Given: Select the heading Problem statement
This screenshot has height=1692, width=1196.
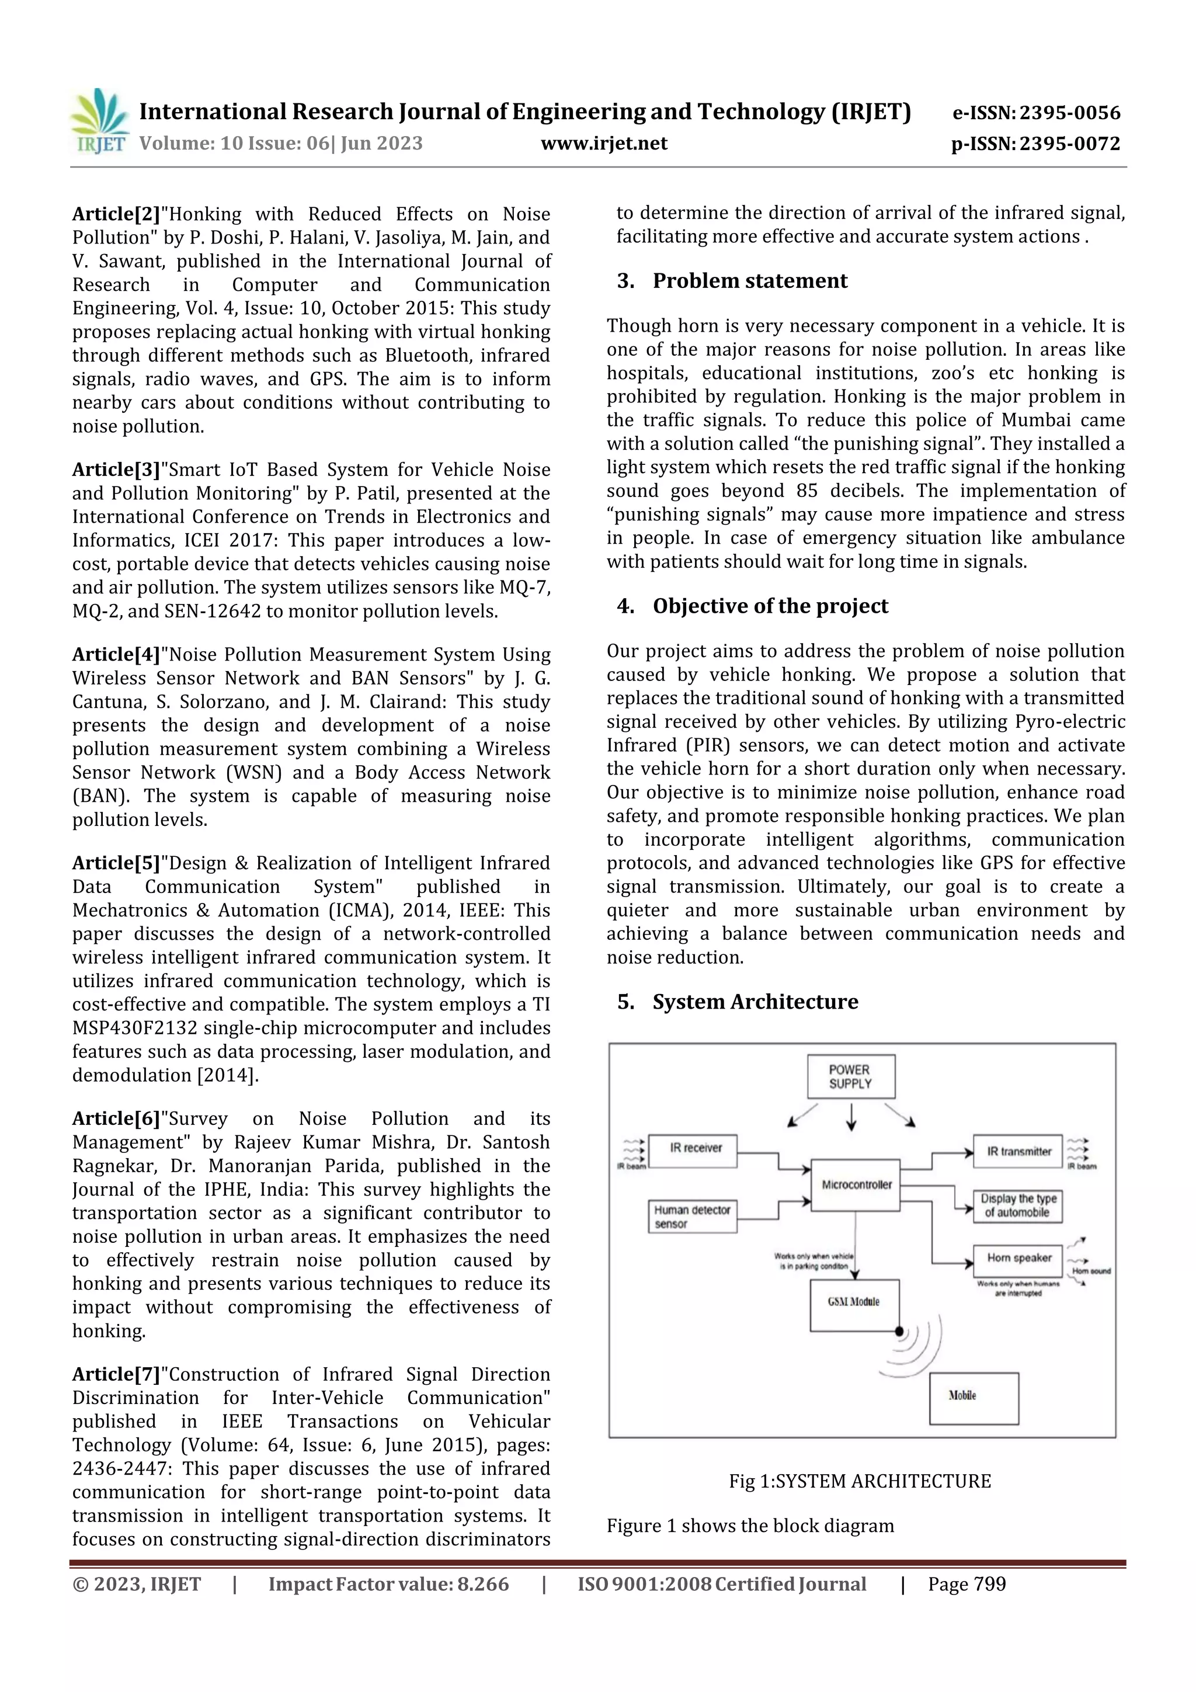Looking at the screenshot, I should tap(749, 281).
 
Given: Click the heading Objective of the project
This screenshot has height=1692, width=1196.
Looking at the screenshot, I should tap(770, 606).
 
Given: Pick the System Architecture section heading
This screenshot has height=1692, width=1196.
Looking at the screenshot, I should tap(755, 1002).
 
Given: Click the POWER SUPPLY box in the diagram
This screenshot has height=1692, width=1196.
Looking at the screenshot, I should tap(850, 1076).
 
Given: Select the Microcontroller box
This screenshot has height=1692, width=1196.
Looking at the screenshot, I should tap(856, 1185).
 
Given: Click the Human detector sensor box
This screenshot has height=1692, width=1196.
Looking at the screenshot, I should tap(692, 1216).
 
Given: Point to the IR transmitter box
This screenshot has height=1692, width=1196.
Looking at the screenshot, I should tap(1018, 1152).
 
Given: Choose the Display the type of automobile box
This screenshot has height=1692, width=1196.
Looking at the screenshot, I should tap(1018, 1205).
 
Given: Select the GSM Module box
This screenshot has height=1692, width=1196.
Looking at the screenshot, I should tap(853, 1302).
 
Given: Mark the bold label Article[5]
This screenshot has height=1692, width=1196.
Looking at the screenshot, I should tap(116, 863).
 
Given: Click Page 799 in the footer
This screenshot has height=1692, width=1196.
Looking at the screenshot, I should tap(967, 1585).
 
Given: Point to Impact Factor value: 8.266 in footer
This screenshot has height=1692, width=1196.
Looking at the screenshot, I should tap(388, 1585).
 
